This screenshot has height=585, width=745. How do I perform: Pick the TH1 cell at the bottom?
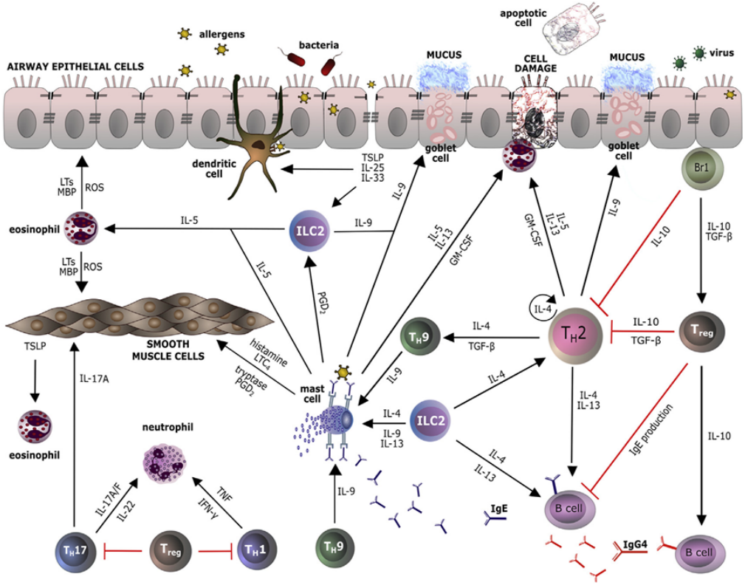point(252,550)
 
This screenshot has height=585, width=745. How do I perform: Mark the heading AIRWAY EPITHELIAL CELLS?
point(69,66)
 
